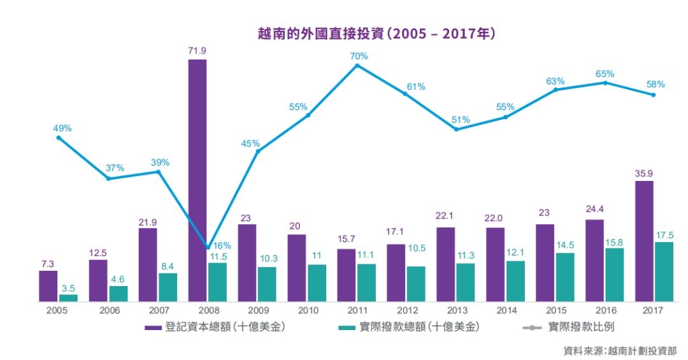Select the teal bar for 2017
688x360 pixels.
coord(663,271)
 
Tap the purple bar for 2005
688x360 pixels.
coord(48,286)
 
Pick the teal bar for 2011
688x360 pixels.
coord(366,282)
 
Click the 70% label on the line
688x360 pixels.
coord(359,56)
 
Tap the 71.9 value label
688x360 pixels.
coord(197,51)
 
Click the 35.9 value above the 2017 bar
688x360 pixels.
coord(644,173)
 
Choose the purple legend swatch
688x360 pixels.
coord(153,328)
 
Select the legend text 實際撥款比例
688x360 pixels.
coord(581,327)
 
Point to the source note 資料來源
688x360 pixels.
coord(620,350)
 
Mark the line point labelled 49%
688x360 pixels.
coord(59,138)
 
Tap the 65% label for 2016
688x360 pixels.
coord(605,74)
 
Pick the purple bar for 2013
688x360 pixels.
coord(445,264)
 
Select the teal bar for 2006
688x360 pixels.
coord(118,294)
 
